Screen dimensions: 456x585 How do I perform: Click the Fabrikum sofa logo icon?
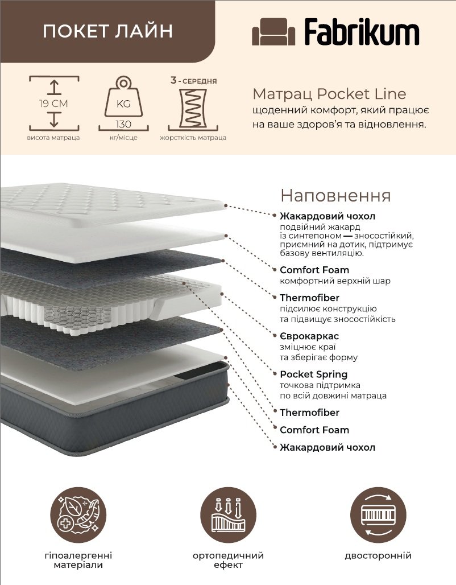pyautogui.click(x=273, y=32)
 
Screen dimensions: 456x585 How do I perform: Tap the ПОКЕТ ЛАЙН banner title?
pyautogui.click(x=108, y=31)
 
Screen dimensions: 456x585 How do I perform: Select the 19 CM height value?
pyautogui.click(x=54, y=104)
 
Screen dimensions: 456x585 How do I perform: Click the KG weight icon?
pyautogui.click(x=123, y=97)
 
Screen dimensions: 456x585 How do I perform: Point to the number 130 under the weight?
pyautogui.click(x=123, y=123)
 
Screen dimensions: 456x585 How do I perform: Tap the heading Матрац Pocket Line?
pyautogui.click(x=329, y=94)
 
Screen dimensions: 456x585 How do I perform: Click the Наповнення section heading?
pyautogui.click(x=335, y=196)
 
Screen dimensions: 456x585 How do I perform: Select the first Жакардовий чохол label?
pyautogui.click(x=328, y=216)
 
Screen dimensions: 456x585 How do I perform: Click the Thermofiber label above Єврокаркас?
pyautogui.click(x=309, y=298)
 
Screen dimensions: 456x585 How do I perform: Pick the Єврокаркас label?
pyautogui.click(x=309, y=336)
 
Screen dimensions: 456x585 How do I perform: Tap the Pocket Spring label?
pyautogui.click(x=313, y=374)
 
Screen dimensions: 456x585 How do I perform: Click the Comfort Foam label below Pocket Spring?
pyautogui.click(x=314, y=430)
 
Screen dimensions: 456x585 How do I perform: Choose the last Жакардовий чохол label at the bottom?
pyautogui.click(x=328, y=447)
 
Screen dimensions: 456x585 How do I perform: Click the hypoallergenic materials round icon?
pyautogui.click(x=78, y=515)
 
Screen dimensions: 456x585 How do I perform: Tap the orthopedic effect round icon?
pyautogui.click(x=228, y=515)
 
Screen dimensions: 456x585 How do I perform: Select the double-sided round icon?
pyautogui.click(x=378, y=515)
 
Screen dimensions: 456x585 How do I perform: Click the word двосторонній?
pyautogui.click(x=378, y=555)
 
